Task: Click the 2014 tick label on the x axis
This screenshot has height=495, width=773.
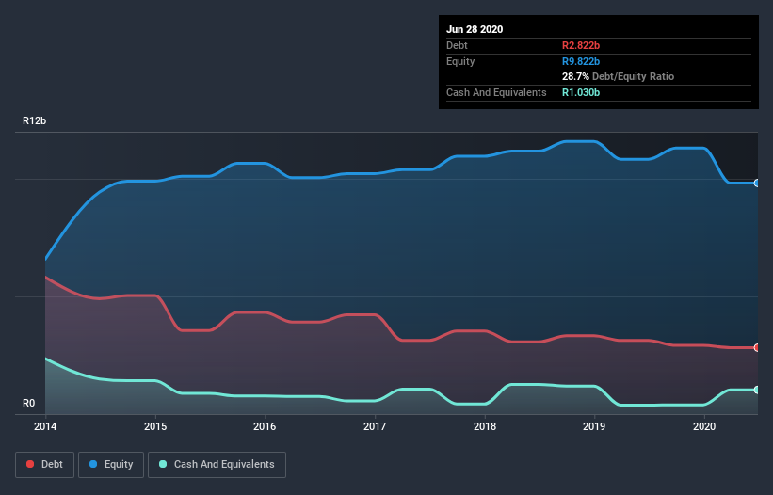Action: point(45,427)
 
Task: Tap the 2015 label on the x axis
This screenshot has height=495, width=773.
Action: point(155,427)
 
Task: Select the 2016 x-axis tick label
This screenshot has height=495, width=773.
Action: point(265,427)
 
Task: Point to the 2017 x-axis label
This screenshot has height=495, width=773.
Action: point(375,427)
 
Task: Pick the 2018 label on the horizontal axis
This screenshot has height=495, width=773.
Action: point(485,427)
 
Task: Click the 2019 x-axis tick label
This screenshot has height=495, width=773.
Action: point(595,427)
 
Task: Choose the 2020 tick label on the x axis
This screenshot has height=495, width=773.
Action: point(705,427)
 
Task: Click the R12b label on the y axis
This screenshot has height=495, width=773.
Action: point(35,121)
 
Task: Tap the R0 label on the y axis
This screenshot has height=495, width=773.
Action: point(29,404)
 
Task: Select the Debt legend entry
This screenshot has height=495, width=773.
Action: point(43,464)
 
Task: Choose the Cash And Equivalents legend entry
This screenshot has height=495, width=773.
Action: point(217,464)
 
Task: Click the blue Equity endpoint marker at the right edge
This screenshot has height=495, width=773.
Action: point(757,183)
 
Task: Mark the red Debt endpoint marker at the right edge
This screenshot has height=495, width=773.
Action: point(757,347)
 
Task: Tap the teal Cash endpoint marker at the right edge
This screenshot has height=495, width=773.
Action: point(757,390)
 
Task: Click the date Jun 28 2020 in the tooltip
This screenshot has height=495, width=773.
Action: point(475,29)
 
